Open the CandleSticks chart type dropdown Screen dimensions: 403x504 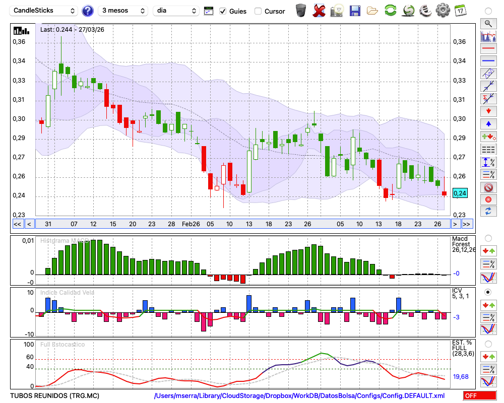click(x=44, y=11)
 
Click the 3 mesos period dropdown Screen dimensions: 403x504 click(x=123, y=11)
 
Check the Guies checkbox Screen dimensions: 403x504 click(x=223, y=11)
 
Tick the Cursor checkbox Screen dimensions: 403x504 click(x=258, y=11)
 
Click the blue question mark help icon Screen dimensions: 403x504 click(x=88, y=11)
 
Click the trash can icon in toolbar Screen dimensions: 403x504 click(x=301, y=10)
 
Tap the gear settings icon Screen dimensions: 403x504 click(x=443, y=10)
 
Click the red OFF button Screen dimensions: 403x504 click(x=479, y=396)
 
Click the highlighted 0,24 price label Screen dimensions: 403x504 click(x=460, y=193)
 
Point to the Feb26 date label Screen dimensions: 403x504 click(x=191, y=224)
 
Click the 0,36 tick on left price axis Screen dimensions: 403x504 click(x=19, y=42)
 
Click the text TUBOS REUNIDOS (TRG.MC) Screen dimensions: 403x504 click(x=46, y=396)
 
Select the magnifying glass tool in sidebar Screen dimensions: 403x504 click(x=488, y=23)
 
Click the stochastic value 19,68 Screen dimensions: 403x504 click(x=460, y=377)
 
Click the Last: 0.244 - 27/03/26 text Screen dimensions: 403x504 click(x=72, y=30)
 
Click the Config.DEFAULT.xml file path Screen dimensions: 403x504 click(x=299, y=396)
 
